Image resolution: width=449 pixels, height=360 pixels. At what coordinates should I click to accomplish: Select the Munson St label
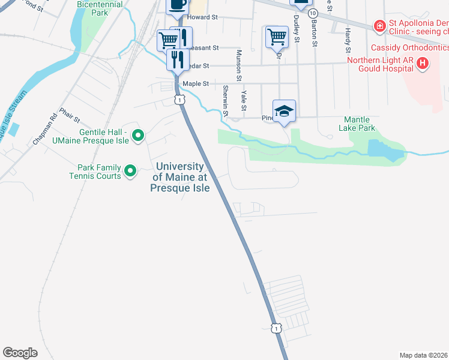click(x=239, y=66)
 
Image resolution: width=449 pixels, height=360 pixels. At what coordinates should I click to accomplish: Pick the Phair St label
click(x=70, y=116)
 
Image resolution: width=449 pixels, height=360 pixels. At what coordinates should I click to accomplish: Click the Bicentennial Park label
click(x=100, y=8)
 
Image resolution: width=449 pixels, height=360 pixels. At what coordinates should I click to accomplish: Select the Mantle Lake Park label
click(x=360, y=124)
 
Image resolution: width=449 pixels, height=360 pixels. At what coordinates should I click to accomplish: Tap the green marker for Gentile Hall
click(x=137, y=137)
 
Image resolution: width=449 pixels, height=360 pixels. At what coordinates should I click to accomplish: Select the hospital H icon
click(x=423, y=63)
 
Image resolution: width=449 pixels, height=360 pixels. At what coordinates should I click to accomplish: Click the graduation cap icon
click(x=284, y=110)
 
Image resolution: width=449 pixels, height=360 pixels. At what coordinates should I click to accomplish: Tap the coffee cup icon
click(x=177, y=5)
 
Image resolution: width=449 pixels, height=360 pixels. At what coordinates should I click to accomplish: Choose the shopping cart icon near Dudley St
click(x=277, y=37)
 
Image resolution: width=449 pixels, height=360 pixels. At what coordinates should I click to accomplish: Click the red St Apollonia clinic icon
click(x=379, y=26)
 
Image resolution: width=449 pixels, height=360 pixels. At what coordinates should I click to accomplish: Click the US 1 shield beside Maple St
click(x=179, y=100)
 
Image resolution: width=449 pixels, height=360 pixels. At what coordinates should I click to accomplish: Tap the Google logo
click(x=20, y=353)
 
